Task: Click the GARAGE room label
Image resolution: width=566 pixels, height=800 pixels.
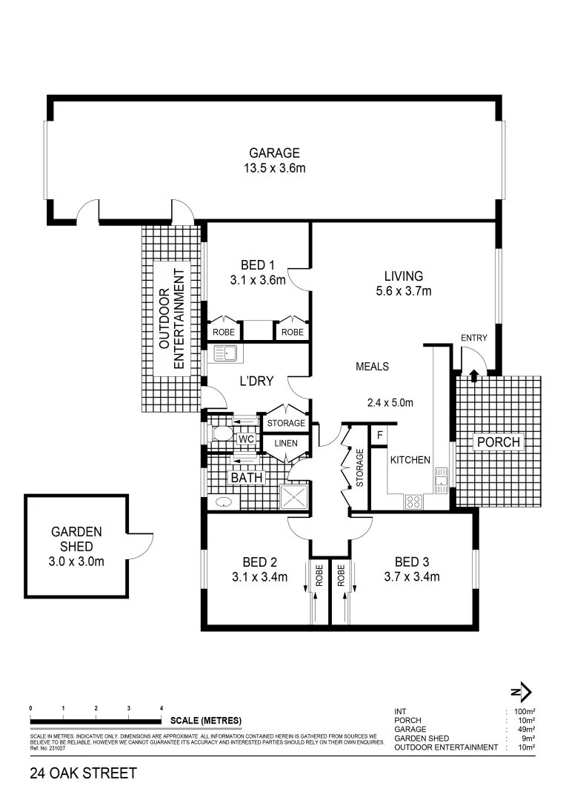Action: coord(274,153)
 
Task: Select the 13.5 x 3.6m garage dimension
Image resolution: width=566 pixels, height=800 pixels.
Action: coord(274,168)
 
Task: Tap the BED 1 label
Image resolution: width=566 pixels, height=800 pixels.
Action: coord(259,266)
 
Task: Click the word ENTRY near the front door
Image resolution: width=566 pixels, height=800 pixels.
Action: coord(474,339)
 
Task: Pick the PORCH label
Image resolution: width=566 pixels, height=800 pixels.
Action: coord(499,443)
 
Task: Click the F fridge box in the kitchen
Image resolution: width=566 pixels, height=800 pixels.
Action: coord(380,435)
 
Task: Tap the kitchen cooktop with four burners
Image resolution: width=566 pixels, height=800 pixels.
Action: coord(413,501)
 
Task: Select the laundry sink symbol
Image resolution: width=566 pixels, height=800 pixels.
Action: coord(224,353)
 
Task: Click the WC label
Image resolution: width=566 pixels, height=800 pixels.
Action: coord(246,439)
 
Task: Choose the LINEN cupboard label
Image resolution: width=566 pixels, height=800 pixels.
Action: coord(286,444)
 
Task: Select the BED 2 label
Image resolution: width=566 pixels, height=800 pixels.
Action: coord(258,561)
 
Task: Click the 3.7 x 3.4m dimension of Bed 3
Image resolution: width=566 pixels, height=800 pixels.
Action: coord(413,576)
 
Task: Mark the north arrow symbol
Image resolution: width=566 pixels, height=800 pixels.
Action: coord(522,692)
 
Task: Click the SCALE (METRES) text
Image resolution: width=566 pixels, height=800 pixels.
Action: coord(205,720)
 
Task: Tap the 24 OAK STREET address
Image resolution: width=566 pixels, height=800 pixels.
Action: coord(83,774)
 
